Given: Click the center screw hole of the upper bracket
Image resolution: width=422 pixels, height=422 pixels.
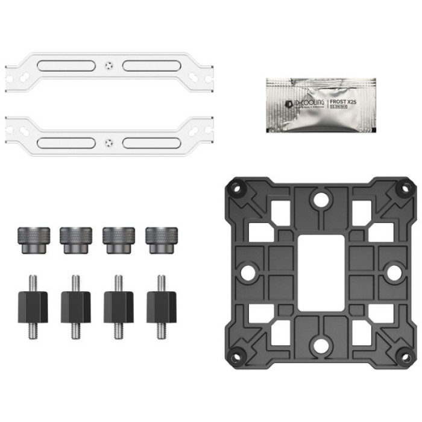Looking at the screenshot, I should click(108, 66).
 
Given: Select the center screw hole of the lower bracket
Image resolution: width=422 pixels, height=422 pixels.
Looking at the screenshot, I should click(108, 143).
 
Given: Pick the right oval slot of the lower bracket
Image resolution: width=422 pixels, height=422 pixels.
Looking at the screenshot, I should click(148, 143).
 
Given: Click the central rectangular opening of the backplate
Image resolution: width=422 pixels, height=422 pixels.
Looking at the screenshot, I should click(321, 272).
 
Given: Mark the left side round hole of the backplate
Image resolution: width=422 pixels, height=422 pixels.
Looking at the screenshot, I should click(247, 272).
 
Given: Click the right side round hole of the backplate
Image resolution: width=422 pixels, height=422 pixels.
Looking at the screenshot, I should click(394, 272).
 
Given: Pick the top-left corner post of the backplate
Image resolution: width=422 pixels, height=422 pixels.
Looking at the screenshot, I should click(237, 189).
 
